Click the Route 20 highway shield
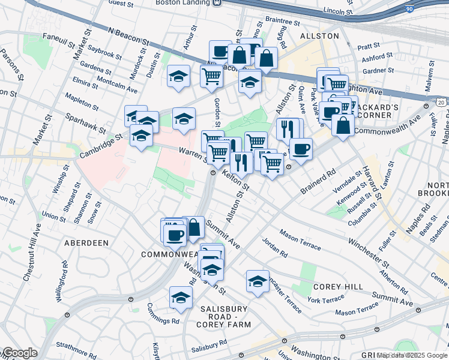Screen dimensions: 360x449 tap(441, 103)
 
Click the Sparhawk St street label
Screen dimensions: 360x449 tap(86, 123)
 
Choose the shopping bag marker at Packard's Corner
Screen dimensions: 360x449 tap(343, 125)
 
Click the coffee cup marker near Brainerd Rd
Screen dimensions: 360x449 tap(301, 149)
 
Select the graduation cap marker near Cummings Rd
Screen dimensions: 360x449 tap(181, 298)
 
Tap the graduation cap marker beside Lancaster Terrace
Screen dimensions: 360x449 tap(258, 281)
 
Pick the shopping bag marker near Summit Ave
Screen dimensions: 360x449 tap(193, 227)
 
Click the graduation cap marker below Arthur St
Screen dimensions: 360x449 tap(178, 76)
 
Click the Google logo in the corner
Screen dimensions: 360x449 tap(19, 353)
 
